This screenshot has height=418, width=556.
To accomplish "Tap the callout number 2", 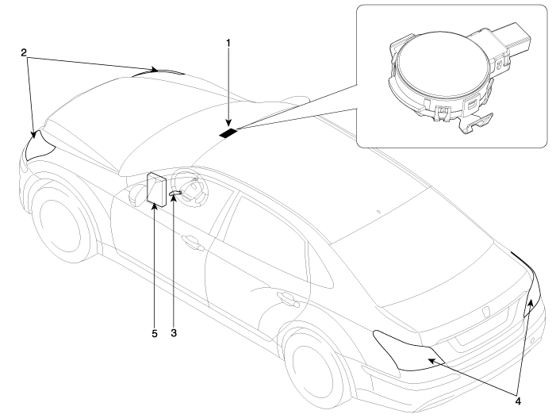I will tap(25, 53).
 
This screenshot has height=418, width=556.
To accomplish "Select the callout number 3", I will tap(173, 332).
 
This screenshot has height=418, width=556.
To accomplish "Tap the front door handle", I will tap(190, 238).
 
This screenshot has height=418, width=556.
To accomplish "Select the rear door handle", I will tap(283, 298).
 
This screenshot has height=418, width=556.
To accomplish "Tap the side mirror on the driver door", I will tap(136, 193).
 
